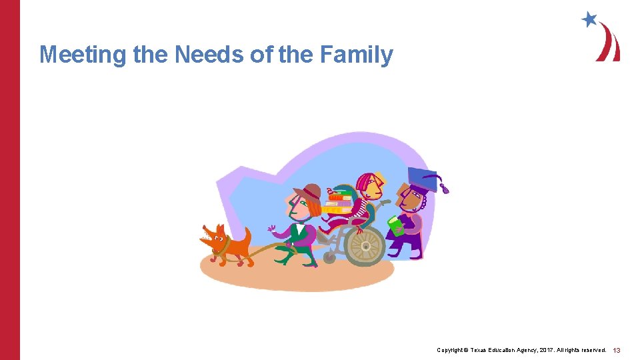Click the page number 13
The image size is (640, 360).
point(617,350)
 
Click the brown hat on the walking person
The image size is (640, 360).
point(309,193)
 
